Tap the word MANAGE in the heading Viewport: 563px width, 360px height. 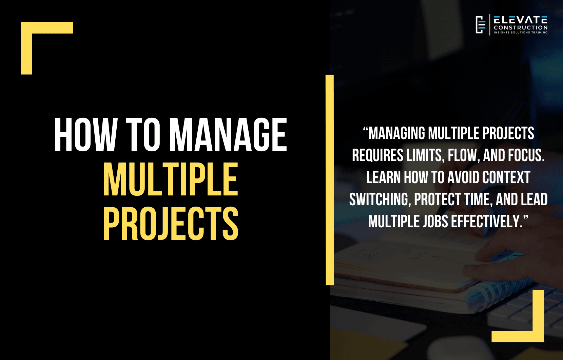[x=228, y=134]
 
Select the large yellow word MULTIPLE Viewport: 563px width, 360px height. [x=171, y=179]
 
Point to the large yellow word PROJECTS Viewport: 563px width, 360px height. [x=171, y=224]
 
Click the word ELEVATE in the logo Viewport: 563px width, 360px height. [x=521, y=20]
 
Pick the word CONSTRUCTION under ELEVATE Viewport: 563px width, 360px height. [x=521, y=27]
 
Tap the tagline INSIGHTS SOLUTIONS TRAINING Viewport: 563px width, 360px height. [x=521, y=33]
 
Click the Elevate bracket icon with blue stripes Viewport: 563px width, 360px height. [x=480, y=24]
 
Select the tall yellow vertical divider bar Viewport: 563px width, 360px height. [x=330, y=180]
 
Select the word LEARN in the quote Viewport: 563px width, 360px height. [x=384, y=177]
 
